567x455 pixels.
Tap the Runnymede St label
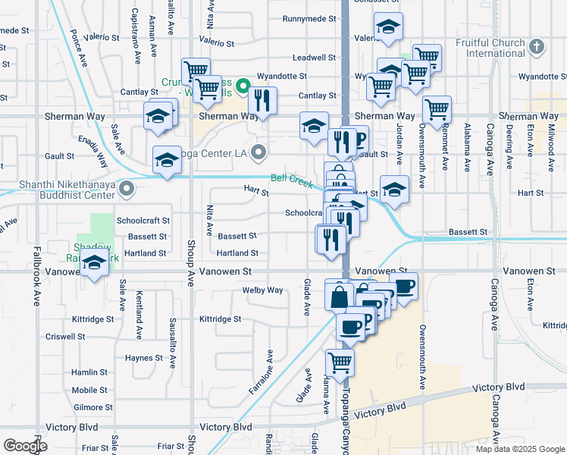click(309, 18)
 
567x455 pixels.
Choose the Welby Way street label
click(262, 290)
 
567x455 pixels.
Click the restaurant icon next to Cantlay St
click(262, 100)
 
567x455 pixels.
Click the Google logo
click(25, 445)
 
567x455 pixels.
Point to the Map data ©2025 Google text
click(519, 449)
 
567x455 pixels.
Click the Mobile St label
click(89, 390)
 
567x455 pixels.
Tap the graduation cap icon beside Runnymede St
click(388, 27)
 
